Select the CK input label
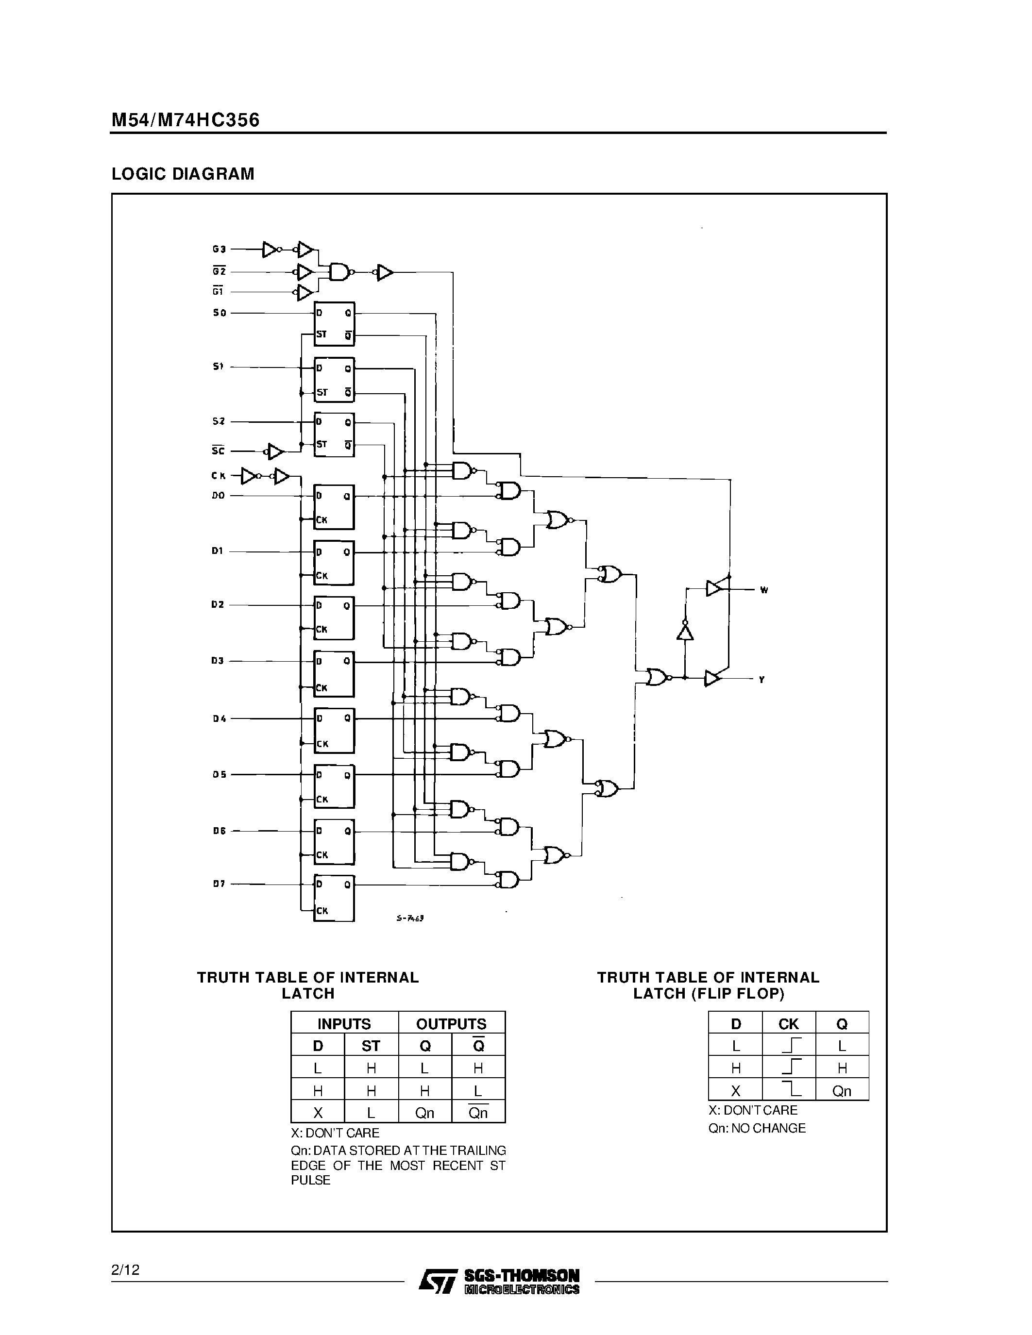tap(218, 476)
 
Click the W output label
tap(763, 590)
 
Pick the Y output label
tap(762, 680)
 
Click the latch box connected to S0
tap(334, 324)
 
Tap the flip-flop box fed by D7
tap(334, 897)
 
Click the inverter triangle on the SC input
tap(276, 452)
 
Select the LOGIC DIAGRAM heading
tap(183, 174)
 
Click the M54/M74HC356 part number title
tap(185, 120)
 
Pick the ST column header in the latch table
tap(371, 1046)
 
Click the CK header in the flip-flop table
tap(788, 1024)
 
